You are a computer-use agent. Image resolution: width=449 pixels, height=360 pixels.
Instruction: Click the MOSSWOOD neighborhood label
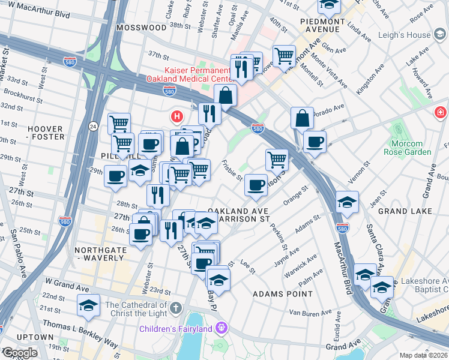tap(142, 28)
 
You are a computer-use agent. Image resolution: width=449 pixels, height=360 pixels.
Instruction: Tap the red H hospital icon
tap(177, 115)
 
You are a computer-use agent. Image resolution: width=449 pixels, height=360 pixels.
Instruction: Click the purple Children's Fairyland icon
tap(221, 328)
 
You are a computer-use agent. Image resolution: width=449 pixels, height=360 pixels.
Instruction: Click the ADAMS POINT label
tap(282, 294)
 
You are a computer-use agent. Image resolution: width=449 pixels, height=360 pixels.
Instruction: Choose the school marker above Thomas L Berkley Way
tap(89, 306)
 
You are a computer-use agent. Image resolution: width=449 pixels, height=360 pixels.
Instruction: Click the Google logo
tap(20, 353)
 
